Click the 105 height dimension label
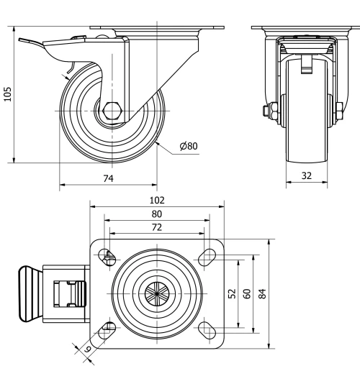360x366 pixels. pos(8,96)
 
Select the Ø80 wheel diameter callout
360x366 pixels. pos(189,146)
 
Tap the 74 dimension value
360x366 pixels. pos(107,177)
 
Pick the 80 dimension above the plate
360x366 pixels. pos(157,214)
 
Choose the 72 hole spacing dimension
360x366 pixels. pos(157,227)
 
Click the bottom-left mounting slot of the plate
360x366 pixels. pos(107,330)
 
